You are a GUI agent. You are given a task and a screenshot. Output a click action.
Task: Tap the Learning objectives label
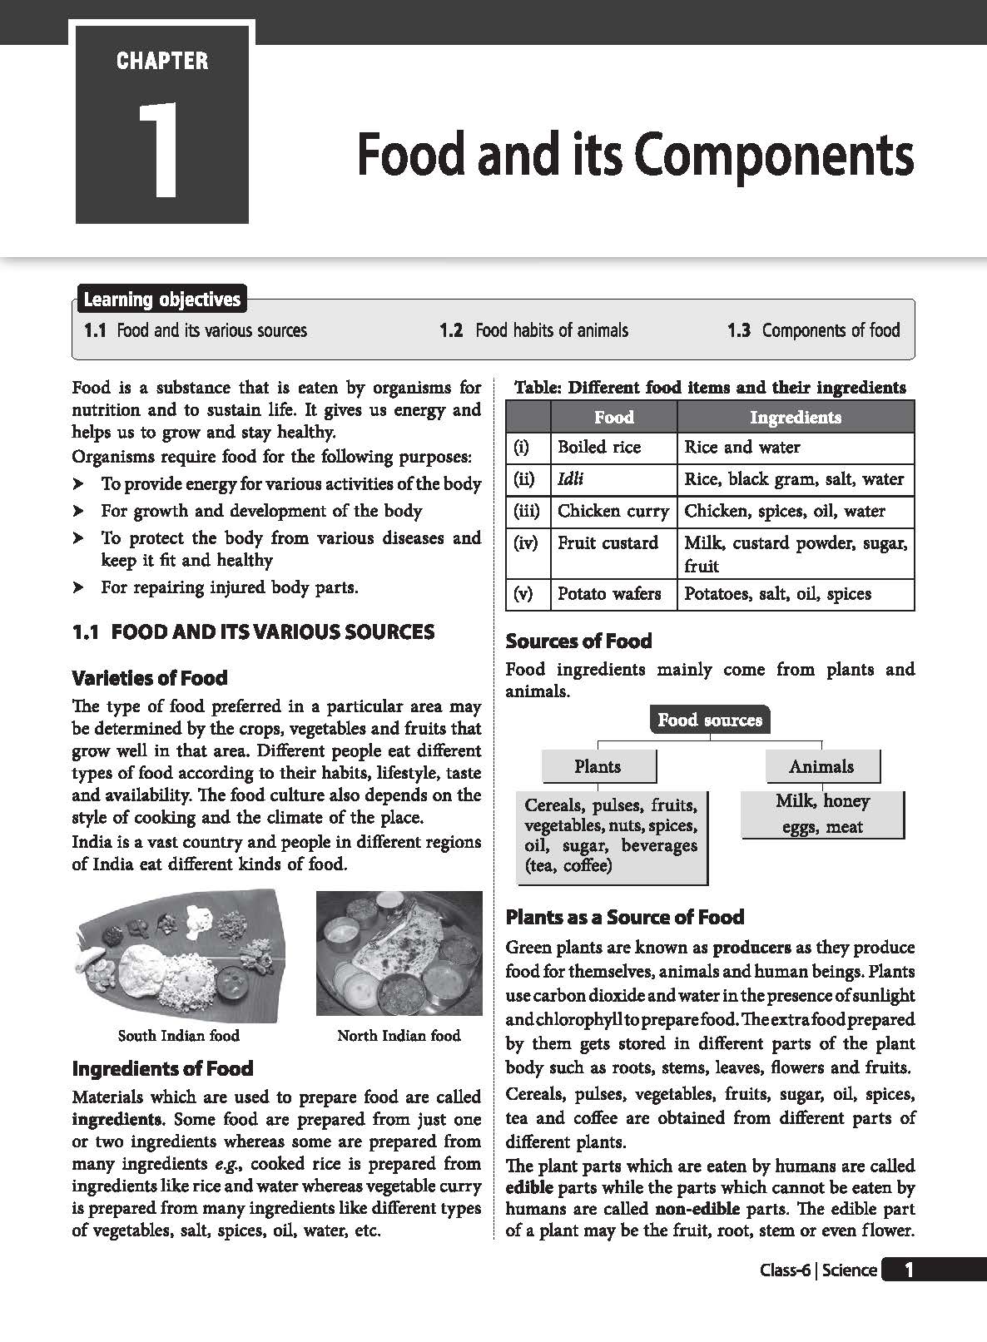tap(162, 300)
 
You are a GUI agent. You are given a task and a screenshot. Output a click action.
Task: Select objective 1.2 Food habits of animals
tap(533, 330)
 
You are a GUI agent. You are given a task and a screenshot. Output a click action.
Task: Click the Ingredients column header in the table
tap(795, 417)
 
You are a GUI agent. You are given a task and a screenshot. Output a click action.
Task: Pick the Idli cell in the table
tap(571, 479)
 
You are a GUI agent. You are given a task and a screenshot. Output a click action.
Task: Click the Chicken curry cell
tap(613, 511)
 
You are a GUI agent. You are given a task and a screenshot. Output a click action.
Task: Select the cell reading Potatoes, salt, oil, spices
tap(777, 594)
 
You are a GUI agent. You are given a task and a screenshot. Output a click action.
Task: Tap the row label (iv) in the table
tap(527, 543)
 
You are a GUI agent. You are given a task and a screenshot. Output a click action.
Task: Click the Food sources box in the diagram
tap(709, 720)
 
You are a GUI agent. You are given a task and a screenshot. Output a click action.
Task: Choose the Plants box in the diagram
tap(598, 766)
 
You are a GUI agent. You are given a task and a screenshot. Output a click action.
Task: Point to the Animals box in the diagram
tap(821, 766)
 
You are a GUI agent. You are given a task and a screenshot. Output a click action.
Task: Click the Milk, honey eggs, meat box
tap(822, 814)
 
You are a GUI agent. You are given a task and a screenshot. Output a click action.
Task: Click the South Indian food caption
tap(178, 1036)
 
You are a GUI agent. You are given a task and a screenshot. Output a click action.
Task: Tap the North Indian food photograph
tap(399, 953)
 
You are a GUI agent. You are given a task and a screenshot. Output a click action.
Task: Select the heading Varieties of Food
tap(150, 678)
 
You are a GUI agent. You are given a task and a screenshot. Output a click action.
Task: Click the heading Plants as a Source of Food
tap(625, 918)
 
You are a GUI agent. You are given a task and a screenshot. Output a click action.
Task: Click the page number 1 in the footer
tap(909, 1270)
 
